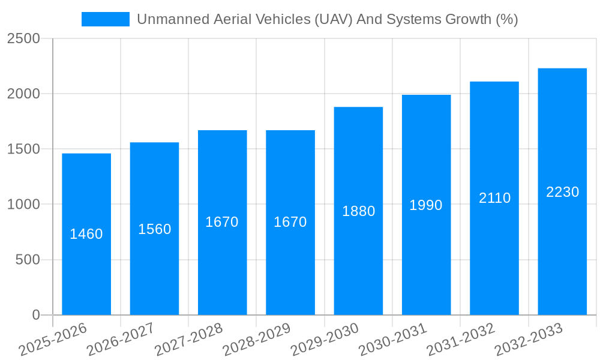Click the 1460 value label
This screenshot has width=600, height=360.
[86, 234]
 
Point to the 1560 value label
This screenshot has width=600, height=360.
[155, 229]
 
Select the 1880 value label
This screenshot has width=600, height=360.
[359, 211]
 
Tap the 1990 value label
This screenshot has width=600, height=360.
[426, 205]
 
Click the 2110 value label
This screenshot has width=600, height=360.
[494, 198]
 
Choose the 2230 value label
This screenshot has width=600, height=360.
[562, 192]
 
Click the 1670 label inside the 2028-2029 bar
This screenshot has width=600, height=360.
[290, 222]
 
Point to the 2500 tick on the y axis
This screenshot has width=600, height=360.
[23, 39]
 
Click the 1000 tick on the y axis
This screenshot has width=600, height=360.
[23, 205]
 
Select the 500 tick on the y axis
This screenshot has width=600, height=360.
[28, 260]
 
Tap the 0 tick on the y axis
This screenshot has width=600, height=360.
[36, 315]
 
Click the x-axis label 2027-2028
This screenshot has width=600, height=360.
[189, 339]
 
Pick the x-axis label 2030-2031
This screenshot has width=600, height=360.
[393, 339]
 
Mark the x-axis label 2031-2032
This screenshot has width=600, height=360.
[461, 339]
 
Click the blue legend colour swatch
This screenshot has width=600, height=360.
[106, 19]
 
